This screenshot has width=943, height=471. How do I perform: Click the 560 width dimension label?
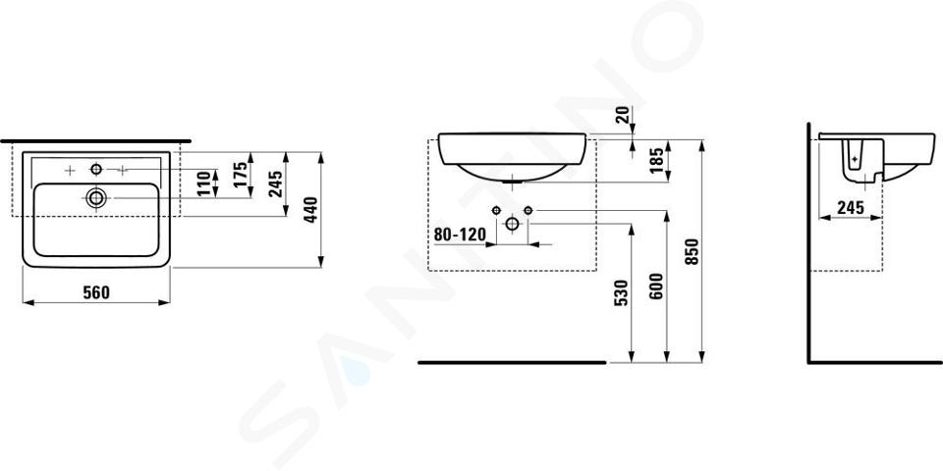point(96,292)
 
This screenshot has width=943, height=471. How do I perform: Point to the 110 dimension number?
point(206,183)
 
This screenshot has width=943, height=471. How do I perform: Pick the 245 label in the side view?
point(850,207)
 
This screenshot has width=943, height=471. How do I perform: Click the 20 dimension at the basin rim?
point(625,114)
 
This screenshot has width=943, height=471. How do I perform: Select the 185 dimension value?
point(657,159)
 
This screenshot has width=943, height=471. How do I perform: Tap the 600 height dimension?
point(657,286)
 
